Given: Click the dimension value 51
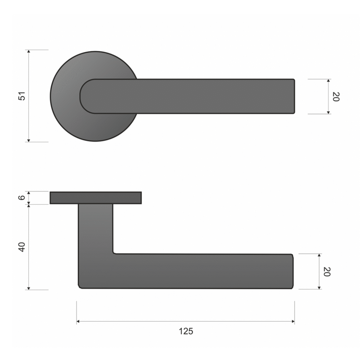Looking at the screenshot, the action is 22,96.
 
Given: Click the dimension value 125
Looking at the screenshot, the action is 186,331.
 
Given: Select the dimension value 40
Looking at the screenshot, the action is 22,247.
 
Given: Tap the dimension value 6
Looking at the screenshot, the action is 22,198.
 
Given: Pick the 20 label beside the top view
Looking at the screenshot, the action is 336,97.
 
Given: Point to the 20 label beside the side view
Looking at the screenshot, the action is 327,272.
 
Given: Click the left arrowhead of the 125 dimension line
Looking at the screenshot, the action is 78,321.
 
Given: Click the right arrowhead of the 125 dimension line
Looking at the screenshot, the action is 293,321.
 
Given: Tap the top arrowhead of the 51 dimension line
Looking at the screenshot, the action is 29,51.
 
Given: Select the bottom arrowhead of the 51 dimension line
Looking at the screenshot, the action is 29,140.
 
